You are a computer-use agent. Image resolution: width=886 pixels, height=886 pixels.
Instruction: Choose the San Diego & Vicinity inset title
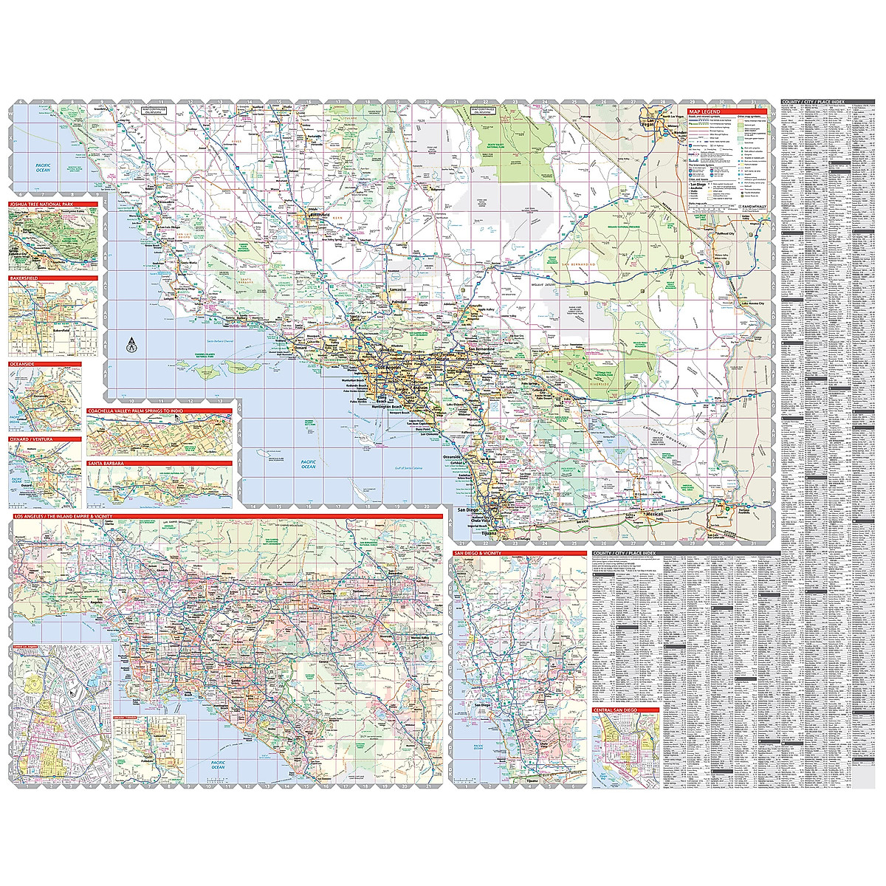click(x=478, y=552)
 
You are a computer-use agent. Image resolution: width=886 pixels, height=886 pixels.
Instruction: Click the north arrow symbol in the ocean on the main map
click(x=131, y=343)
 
